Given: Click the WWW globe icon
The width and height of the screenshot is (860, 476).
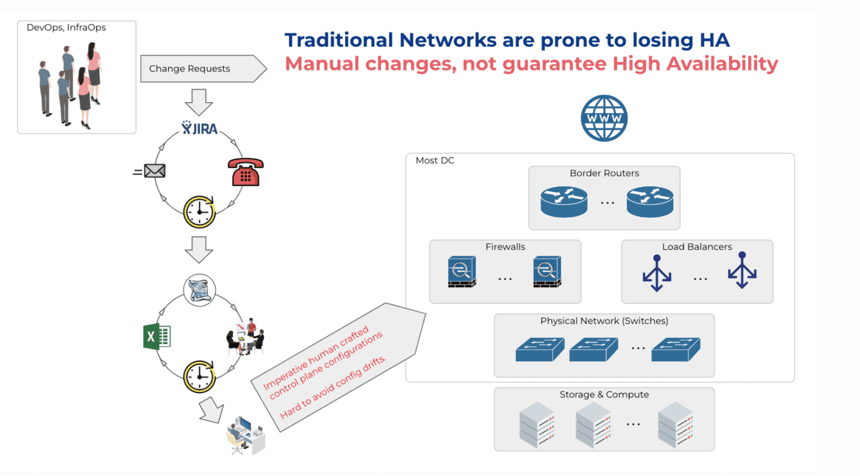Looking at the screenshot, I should point(604,118).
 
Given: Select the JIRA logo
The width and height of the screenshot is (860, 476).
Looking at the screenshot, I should point(200,128).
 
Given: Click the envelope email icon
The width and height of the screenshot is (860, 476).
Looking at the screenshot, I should point(154,171).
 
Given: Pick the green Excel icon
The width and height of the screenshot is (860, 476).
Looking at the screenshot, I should point(157,337).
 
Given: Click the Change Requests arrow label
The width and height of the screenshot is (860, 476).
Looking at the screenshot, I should point(190,68).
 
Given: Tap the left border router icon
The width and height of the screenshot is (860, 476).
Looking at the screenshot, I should point(564,201).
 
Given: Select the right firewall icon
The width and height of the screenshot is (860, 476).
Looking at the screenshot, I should point(547,272).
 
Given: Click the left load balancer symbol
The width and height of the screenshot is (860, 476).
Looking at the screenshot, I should point(657,273).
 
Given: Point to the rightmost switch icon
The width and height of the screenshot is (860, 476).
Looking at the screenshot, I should point(676,349).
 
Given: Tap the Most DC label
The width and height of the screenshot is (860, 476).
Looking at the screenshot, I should point(435,161).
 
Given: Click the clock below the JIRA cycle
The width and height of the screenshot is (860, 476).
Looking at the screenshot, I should point(200,212).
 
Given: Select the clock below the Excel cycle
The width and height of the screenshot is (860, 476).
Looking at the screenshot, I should point(200,376).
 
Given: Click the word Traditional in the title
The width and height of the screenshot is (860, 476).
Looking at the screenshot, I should point(339,40).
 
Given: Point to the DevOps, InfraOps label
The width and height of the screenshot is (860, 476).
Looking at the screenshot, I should point(66,28).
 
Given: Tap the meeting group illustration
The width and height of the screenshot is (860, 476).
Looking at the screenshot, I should point(246,337).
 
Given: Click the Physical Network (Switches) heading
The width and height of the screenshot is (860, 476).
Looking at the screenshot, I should point(604,321).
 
